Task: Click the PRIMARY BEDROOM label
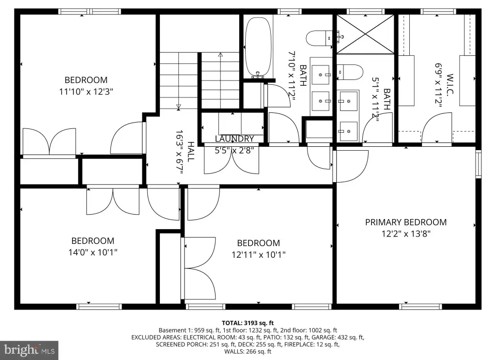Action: pyautogui.click(x=406, y=222)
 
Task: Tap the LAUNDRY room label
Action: pyautogui.click(x=234, y=139)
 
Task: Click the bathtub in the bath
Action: pyautogui.click(x=258, y=47)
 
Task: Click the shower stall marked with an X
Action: pyautogui.click(x=365, y=34)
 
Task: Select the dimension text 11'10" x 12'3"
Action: pyautogui.click(x=86, y=92)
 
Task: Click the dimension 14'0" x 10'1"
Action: pyautogui.click(x=93, y=252)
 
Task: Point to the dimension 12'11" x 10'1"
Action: pyautogui.click(x=259, y=255)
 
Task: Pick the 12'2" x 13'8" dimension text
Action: pyautogui.click(x=406, y=234)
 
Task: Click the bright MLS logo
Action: pyautogui.click(x=29, y=350)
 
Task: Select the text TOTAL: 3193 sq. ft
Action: pyautogui.click(x=248, y=323)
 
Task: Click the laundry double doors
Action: pyautogui.click(x=232, y=159)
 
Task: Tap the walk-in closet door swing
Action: pyautogui.click(x=436, y=128)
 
